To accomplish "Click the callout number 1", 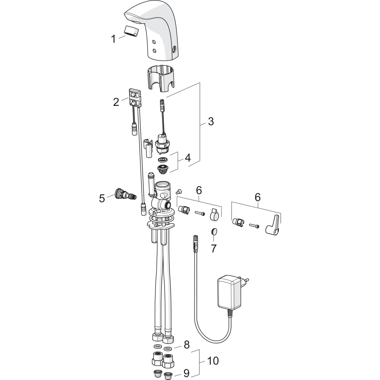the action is pos(113,39).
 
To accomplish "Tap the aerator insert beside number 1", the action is pos(131,31).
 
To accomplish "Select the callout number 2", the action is pos(116,102).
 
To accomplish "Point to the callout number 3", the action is pos(211,121).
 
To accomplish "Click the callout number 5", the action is pos(102,198).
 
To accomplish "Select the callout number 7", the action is pos(214,249).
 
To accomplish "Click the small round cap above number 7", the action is pos(214,231).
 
